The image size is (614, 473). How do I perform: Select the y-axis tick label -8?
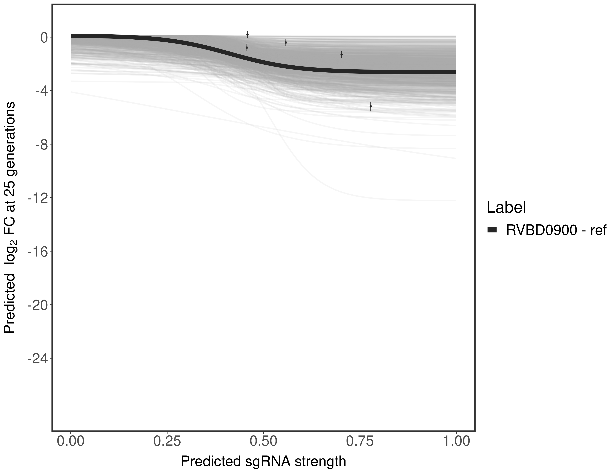coord(39,144)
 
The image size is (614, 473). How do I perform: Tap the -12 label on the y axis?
coord(36,198)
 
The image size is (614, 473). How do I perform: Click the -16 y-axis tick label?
coord(36,251)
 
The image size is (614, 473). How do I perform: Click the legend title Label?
coord(506,207)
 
